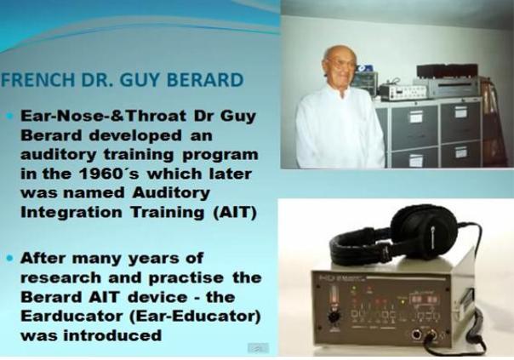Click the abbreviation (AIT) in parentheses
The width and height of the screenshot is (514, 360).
[x=234, y=212]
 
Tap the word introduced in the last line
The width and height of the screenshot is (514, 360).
[x=112, y=335]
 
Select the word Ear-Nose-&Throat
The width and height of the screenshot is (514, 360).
[x=104, y=116]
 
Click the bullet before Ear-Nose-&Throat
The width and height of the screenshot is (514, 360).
[x=10, y=116]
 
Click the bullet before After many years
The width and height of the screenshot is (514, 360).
[x=10, y=259]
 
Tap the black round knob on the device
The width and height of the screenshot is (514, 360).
[x=334, y=317]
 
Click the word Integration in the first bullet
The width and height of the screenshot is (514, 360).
[x=71, y=213]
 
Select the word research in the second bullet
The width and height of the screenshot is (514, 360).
[x=61, y=278]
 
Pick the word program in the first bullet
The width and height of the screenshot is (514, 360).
[x=220, y=155]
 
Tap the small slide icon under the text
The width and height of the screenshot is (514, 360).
[x=259, y=348]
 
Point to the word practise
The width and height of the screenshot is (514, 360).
[x=186, y=278]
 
